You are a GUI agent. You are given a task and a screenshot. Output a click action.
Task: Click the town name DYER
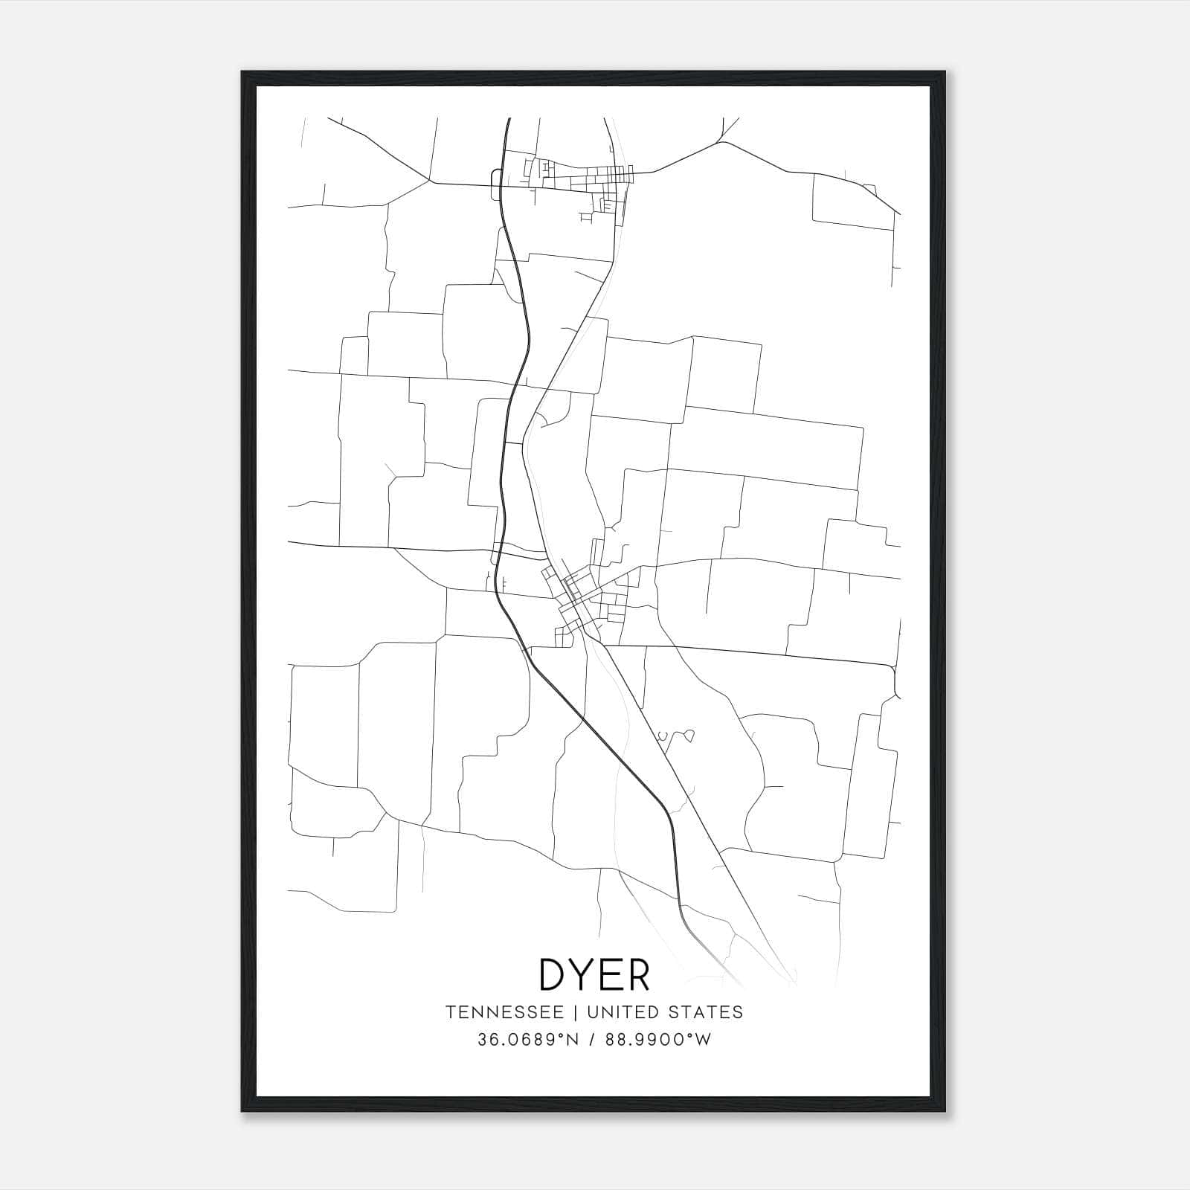pos(594,974)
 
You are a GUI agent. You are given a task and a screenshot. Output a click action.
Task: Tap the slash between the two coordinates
pos(591,1040)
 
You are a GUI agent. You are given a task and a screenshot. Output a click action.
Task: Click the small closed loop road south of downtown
pos(689,736)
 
